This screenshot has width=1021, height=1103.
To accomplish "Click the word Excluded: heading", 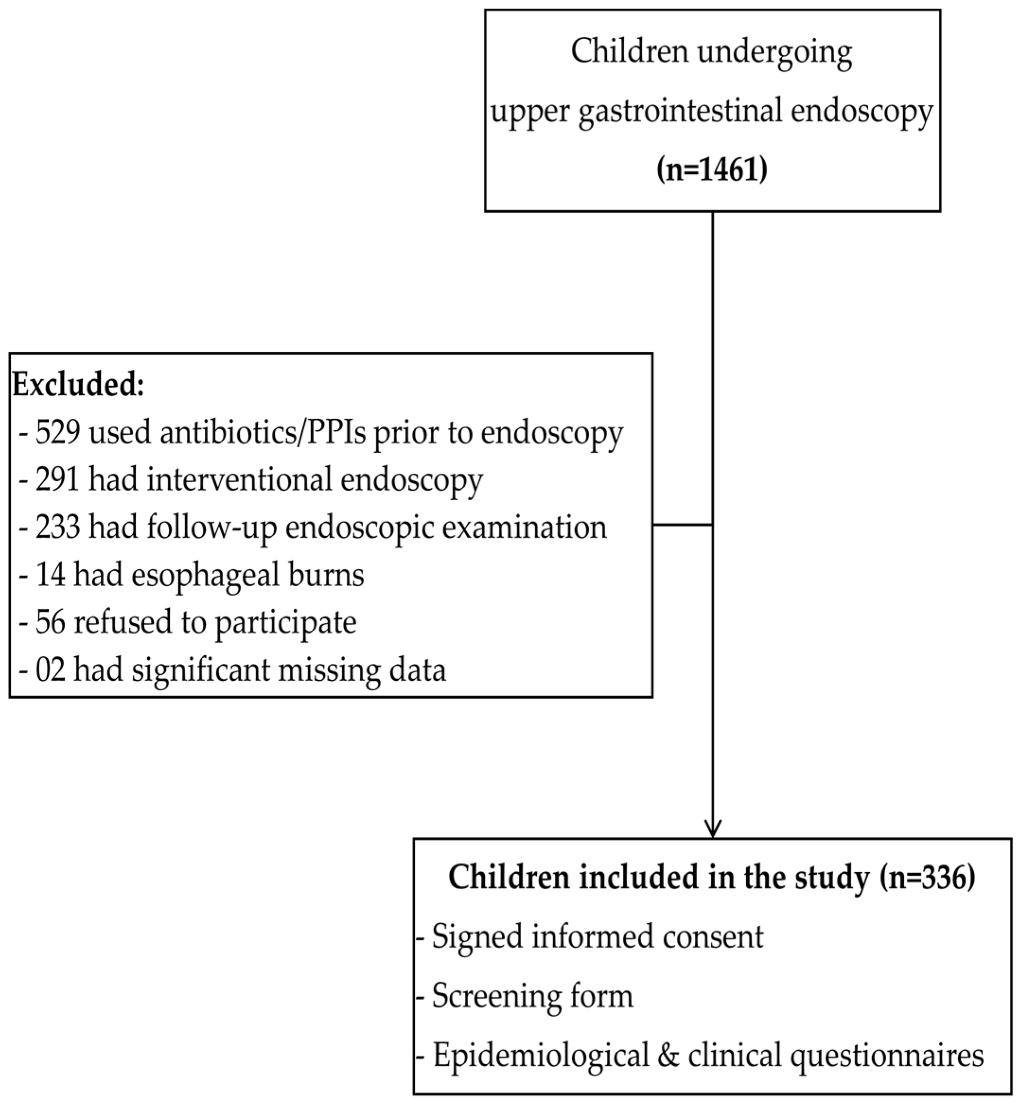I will tap(79, 385).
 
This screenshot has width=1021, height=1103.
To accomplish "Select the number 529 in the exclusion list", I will tap(59, 433).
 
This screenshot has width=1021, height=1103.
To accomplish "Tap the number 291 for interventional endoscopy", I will tap(59, 479).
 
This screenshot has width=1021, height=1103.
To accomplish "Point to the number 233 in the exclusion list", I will tap(59, 527).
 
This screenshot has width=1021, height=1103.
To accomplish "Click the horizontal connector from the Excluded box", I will tap(682, 525).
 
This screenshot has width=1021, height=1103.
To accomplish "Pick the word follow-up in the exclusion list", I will tap(211, 528).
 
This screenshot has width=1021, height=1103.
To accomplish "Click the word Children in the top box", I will tap(629, 52).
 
